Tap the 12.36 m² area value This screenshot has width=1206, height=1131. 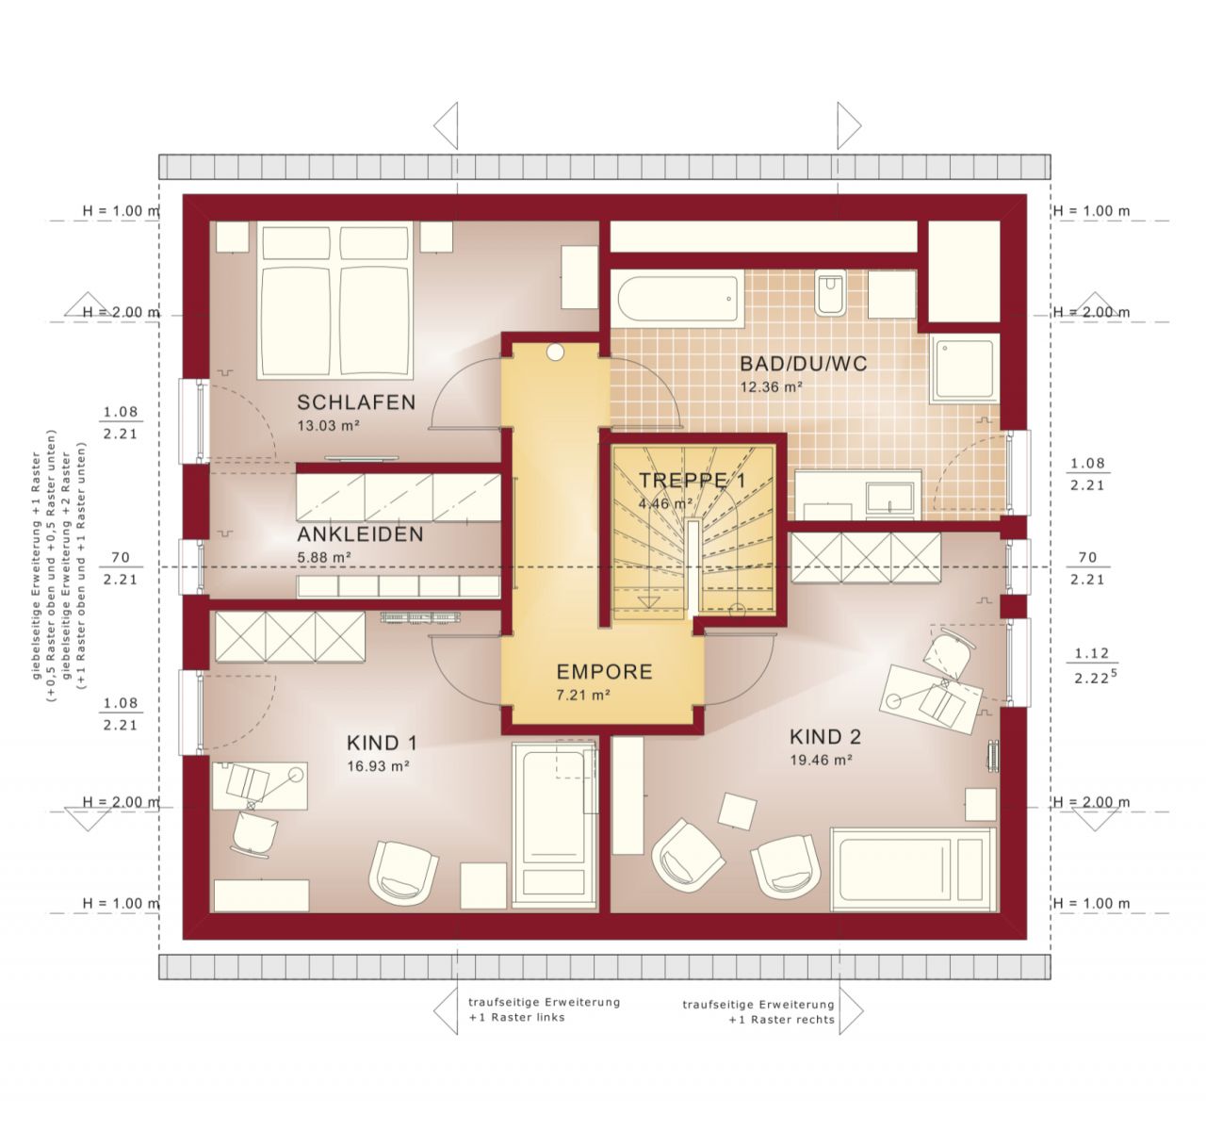[771, 386]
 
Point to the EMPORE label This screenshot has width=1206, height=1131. [604, 672]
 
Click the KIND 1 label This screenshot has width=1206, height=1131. [382, 743]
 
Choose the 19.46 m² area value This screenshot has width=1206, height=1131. [822, 760]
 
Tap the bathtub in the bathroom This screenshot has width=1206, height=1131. [676, 298]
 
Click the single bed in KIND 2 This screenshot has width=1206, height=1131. [912, 869]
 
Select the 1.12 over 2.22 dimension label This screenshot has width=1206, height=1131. [1090, 665]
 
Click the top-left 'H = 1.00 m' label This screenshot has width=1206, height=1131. [121, 211]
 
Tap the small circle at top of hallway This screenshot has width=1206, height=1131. [555, 352]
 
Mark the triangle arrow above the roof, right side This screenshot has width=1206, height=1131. [849, 125]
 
